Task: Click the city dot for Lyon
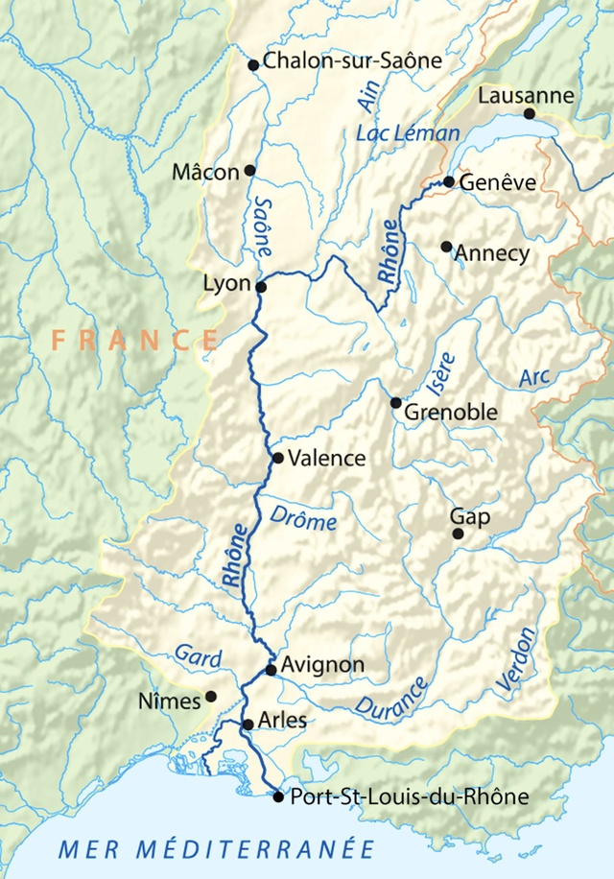point(260,286)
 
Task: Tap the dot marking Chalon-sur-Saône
point(253,65)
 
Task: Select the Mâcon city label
point(204,173)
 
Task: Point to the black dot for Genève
point(449,181)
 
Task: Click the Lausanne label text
point(526,96)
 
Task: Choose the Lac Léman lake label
point(407,133)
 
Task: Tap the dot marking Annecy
point(446,247)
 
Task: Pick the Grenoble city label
point(451,413)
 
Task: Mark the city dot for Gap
point(458,534)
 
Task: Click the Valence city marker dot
point(278,458)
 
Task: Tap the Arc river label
point(534,377)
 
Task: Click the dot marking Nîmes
point(211,697)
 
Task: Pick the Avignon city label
point(322,664)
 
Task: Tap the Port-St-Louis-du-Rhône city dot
point(278,796)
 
